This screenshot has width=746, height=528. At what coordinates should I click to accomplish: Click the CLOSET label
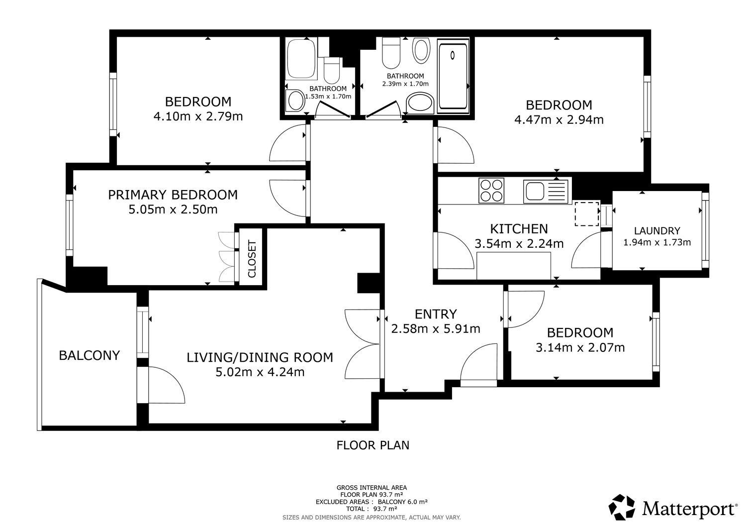(x=252, y=259)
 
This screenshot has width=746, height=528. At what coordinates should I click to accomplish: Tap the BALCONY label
(x=89, y=355)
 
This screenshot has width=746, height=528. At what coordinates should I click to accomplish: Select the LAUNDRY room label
(x=657, y=231)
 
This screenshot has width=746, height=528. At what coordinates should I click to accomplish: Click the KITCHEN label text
(x=519, y=229)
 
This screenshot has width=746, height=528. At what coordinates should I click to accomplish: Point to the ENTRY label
(x=436, y=314)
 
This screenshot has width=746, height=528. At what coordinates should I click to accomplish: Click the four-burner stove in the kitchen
(x=491, y=190)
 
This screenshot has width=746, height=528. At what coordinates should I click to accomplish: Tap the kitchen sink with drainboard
(x=546, y=191)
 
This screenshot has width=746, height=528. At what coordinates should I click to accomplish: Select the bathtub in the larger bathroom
(x=453, y=76)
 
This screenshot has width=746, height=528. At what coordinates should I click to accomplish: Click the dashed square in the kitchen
(x=587, y=213)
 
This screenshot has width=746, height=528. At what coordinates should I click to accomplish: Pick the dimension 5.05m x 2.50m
(x=173, y=210)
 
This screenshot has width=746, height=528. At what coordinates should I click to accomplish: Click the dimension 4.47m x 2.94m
(x=559, y=119)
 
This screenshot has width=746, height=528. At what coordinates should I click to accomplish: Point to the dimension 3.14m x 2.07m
(x=580, y=348)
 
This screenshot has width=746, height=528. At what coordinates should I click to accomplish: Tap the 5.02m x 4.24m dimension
(x=260, y=372)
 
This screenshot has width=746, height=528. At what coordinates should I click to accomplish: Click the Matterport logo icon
(x=622, y=507)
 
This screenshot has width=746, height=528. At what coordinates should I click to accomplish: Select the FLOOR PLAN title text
(x=373, y=445)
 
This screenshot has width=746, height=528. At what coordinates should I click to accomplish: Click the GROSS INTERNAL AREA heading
(x=372, y=488)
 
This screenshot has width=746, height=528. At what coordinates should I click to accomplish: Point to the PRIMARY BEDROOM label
(x=173, y=195)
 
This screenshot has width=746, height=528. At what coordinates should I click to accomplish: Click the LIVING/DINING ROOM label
(x=260, y=357)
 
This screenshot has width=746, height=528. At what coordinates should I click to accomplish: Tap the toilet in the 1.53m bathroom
(x=331, y=71)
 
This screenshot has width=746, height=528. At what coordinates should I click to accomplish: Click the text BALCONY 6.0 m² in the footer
(x=403, y=502)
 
